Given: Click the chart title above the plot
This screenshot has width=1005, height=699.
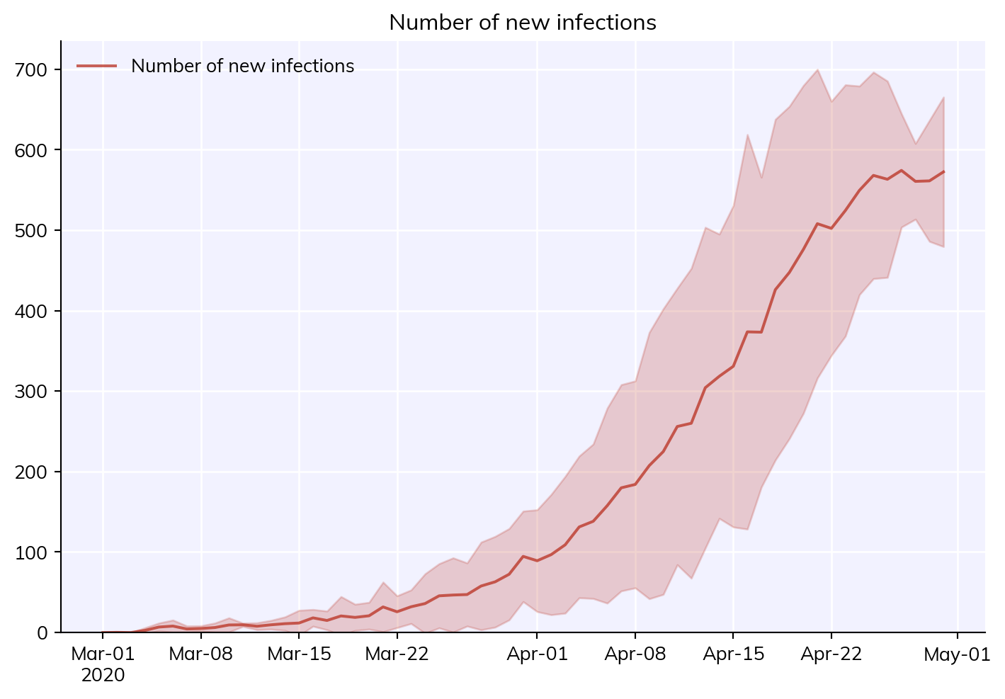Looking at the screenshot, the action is pos(523,23).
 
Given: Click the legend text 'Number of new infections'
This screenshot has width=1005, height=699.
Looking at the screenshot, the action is pos(243,66).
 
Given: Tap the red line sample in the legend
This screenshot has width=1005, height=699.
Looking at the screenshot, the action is pos(96,66).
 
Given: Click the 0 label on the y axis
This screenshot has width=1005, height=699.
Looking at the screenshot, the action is pos(42,632).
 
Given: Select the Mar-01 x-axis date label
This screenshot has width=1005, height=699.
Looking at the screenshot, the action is pos(103,654).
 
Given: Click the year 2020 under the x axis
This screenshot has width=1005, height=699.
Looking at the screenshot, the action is pos(103,675).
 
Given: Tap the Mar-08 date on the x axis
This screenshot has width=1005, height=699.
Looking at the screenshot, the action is pos(200,654).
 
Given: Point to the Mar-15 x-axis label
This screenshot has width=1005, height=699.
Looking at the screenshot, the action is pos(299,654).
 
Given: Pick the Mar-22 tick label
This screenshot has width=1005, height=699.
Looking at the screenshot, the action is pos(397,654).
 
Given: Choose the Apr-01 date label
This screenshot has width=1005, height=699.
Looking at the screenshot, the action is pos(537,654).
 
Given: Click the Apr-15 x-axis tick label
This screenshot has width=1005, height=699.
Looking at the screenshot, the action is pos(733,654).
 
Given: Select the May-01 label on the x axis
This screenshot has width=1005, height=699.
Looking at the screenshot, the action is pos(957,654).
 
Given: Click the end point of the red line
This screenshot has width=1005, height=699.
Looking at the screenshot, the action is pos(944,171).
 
